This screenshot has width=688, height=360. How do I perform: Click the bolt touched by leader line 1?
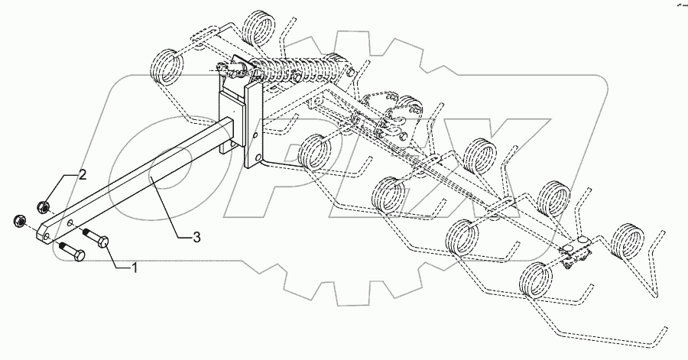pyautogui.click(x=98, y=238)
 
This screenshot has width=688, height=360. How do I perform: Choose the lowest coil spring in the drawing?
pyautogui.click(x=535, y=279)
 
